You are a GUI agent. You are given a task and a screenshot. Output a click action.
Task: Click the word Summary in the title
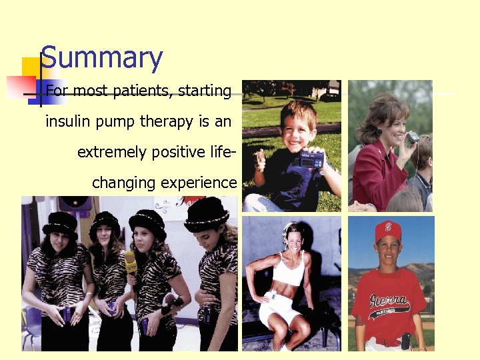pyautogui.click(x=101, y=59)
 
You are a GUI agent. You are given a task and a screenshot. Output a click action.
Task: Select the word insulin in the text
pyautogui.click(x=65, y=121)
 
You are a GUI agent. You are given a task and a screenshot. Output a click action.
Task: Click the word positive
pyautogui.click(x=179, y=152)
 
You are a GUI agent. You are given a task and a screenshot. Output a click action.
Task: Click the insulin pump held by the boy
pyautogui.click(x=312, y=161)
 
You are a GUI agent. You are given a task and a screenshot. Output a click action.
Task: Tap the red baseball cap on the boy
pyautogui.click(x=388, y=230)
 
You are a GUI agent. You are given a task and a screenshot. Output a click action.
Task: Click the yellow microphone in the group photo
pyautogui.click(x=131, y=262)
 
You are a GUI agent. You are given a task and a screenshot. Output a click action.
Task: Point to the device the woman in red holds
pyautogui.click(x=413, y=137)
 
